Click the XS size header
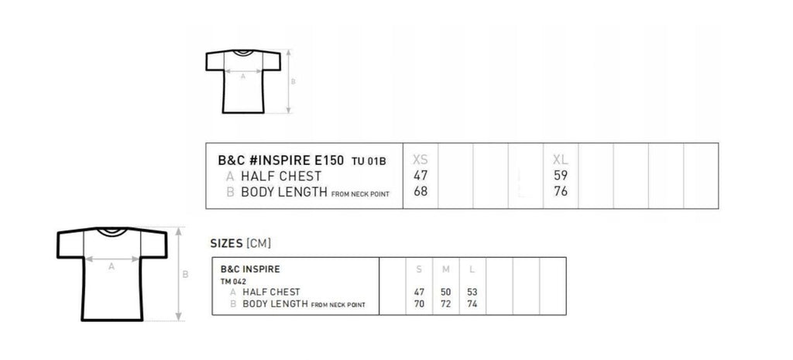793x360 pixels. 421,159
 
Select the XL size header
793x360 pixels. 561,159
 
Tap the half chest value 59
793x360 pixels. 561,176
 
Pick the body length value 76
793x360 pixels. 561,192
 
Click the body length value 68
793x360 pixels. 421,192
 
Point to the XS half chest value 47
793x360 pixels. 421,176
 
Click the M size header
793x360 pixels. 445,269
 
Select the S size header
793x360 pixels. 419,269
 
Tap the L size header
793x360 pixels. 472,269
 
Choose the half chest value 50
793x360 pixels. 445,292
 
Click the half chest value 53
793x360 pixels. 472,292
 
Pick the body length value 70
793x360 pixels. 419,304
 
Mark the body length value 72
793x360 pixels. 445,304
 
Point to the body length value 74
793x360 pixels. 472,304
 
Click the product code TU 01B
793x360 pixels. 369,161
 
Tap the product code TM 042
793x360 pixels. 233,282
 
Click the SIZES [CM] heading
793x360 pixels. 241,243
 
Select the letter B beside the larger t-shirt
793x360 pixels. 185,275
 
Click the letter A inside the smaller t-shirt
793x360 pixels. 242,77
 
